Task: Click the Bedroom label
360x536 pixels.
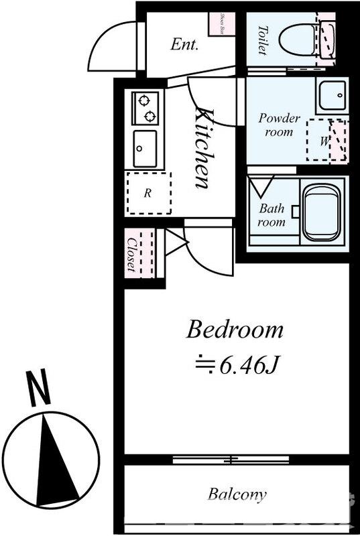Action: coord(235,330)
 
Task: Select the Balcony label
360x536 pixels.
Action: coord(236,495)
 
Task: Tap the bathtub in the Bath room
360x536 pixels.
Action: coord(323,212)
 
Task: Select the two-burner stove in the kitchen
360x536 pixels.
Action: coord(145,109)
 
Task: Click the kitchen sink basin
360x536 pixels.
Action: coord(145,148)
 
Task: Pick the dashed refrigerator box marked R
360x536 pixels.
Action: coord(148,193)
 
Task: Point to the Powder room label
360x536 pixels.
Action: coord(279,125)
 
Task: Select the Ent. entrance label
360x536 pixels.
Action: coord(184,45)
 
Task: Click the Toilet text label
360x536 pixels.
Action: coord(262,40)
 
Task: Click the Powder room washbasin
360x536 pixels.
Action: coord(331,96)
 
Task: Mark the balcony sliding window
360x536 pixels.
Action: coord(231,460)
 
